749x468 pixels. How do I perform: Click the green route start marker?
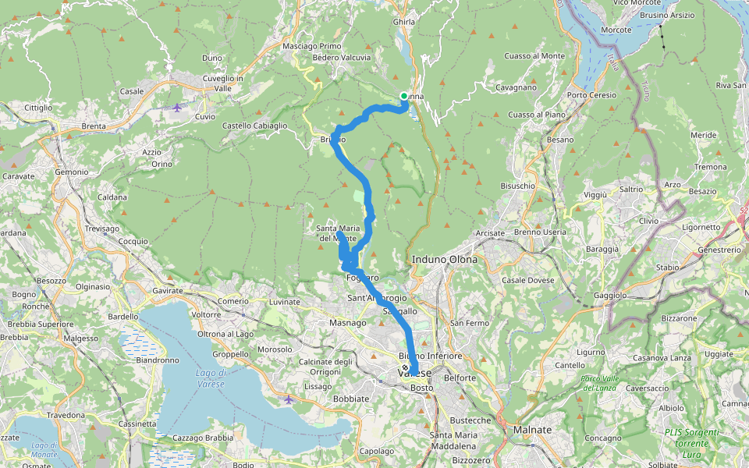404,96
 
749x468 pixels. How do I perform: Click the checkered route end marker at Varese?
405,367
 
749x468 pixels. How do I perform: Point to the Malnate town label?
533,430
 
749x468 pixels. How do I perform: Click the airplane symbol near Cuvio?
177,107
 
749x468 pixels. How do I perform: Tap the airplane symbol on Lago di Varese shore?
289,399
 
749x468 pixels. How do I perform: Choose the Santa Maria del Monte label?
338,232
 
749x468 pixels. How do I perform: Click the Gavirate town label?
168,290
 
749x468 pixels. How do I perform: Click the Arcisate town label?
490,232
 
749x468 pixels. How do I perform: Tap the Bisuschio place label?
517,186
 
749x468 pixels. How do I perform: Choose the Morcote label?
616,30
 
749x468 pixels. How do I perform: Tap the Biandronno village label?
158,360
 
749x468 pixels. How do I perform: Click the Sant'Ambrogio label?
377,298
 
